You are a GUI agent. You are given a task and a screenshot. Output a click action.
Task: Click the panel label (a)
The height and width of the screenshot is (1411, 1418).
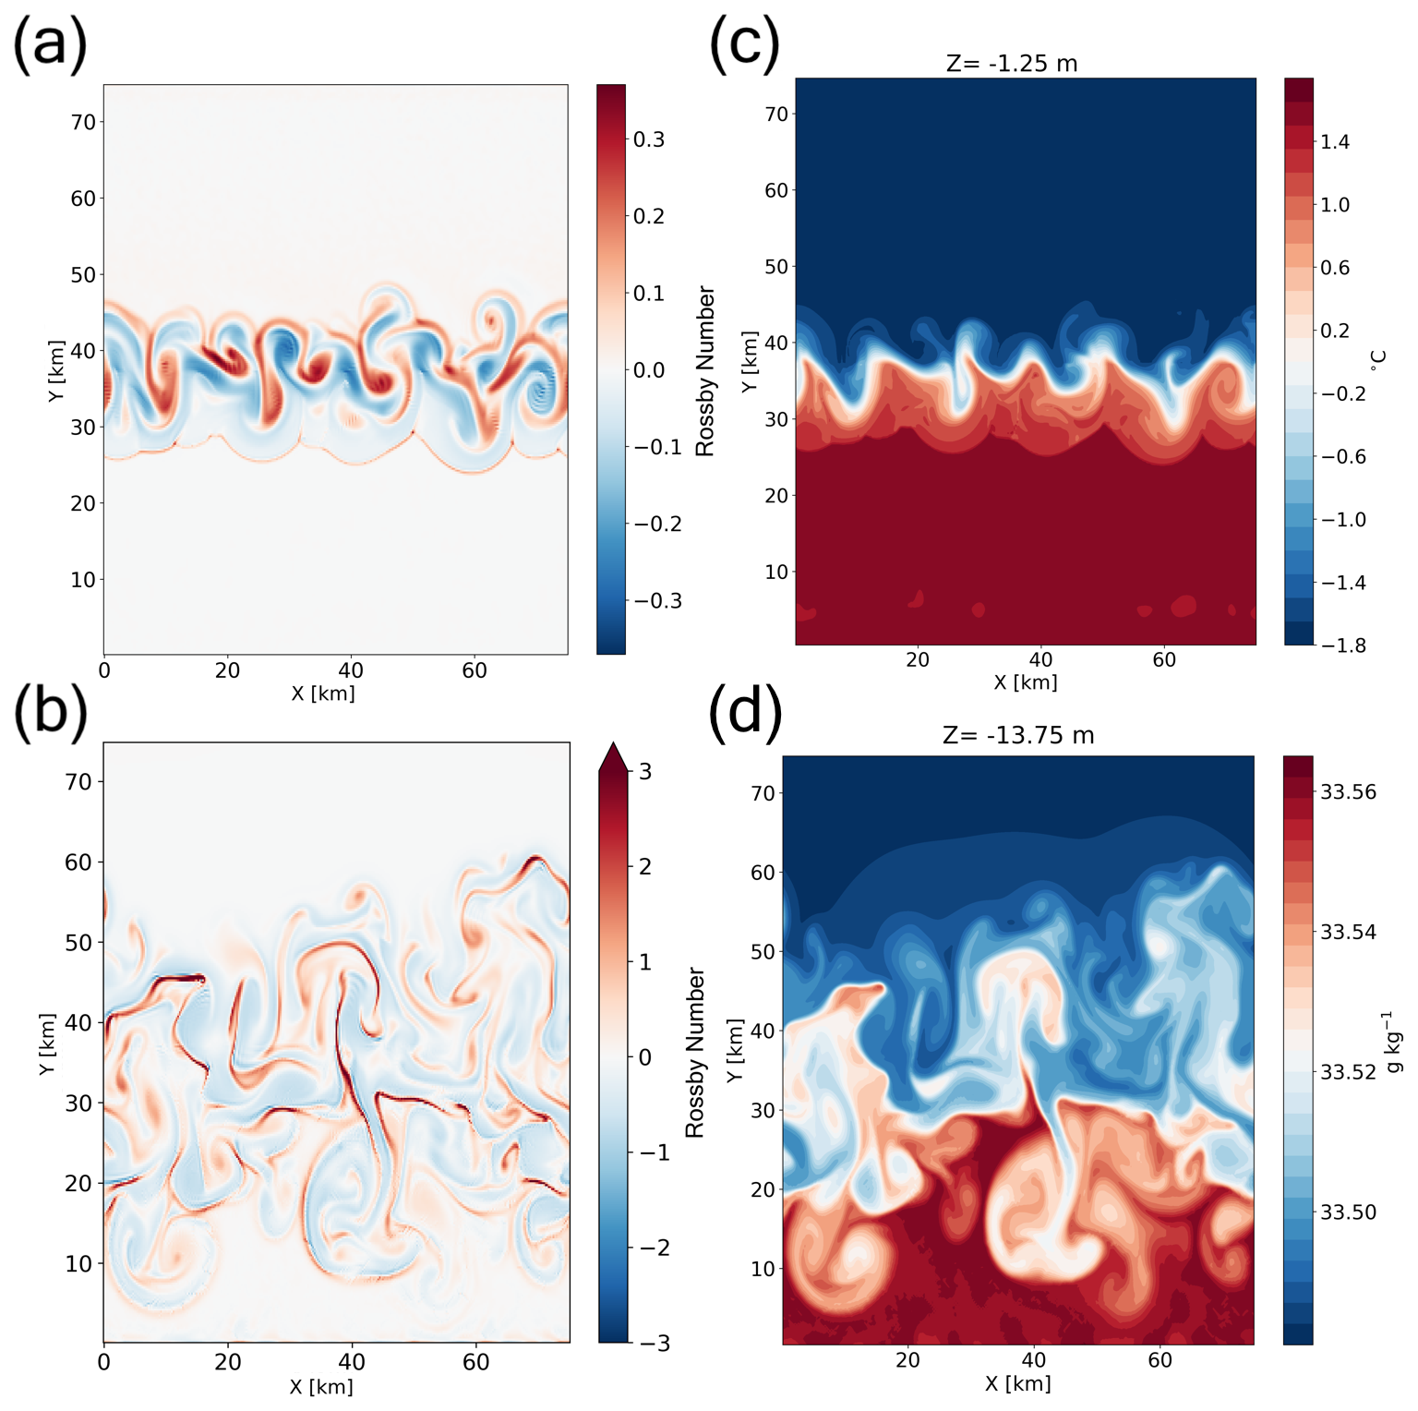[51, 46]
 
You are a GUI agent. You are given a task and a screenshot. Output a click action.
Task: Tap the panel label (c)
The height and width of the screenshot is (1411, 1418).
[744, 46]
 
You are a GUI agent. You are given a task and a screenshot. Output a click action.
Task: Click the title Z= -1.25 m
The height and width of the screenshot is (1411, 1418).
[1012, 64]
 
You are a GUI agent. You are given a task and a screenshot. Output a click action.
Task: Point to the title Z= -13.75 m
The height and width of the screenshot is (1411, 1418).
[1017, 736]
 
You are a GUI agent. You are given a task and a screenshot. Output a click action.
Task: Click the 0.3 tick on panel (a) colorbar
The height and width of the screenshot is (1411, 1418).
[649, 139]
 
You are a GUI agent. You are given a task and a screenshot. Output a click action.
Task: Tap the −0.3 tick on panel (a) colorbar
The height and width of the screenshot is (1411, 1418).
[657, 600]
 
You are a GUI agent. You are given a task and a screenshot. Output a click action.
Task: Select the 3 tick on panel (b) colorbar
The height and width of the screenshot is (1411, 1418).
[644, 771]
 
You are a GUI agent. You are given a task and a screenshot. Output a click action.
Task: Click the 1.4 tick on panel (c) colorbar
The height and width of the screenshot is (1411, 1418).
[1335, 142]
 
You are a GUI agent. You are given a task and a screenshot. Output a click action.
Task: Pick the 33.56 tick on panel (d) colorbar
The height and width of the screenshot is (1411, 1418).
[1348, 792]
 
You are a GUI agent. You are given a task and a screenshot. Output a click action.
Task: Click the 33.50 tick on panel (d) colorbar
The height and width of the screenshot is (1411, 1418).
[1348, 1212]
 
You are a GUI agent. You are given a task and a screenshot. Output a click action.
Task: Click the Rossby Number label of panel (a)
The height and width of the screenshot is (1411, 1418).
[705, 371]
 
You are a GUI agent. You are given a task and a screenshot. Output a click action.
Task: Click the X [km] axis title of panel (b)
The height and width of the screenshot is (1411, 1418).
[321, 1386]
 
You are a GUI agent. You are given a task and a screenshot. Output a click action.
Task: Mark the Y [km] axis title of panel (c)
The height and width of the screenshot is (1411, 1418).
[750, 361]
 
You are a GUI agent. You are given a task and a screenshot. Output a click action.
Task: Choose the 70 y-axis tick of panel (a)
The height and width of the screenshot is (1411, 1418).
[83, 122]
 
